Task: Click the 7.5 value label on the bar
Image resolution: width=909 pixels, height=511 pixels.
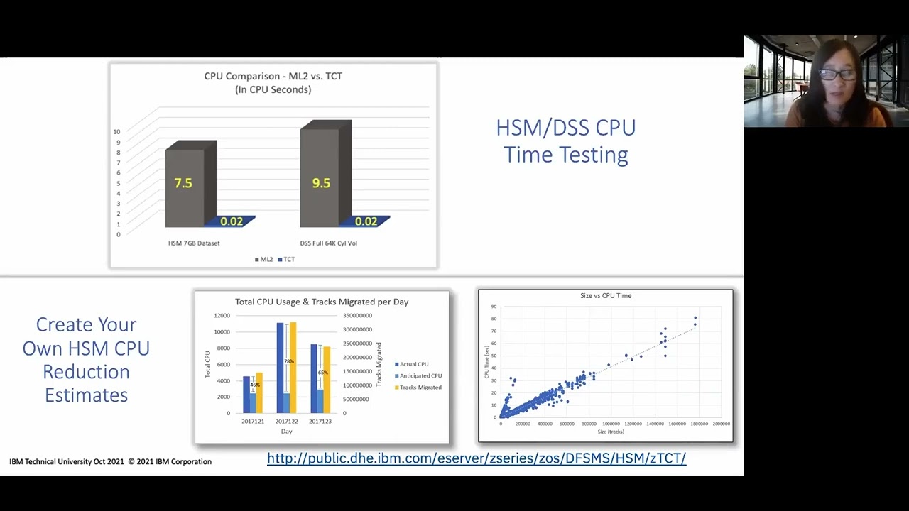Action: (183, 183)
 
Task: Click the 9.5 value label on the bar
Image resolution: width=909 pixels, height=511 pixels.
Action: (321, 183)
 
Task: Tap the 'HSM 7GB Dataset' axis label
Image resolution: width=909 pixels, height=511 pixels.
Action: (194, 243)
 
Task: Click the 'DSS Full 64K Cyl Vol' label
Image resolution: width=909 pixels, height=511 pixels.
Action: (328, 243)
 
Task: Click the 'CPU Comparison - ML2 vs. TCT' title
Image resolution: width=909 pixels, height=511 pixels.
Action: (273, 76)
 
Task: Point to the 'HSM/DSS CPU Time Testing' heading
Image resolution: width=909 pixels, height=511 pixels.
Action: (566, 141)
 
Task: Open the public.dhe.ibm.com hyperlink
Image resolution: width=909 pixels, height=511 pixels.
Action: (477, 458)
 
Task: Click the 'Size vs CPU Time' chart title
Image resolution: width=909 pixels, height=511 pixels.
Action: (606, 295)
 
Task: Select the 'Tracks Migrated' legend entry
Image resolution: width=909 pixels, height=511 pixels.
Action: (420, 388)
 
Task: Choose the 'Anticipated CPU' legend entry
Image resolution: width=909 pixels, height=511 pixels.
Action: (420, 376)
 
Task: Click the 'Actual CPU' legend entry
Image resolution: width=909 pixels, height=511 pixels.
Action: (413, 364)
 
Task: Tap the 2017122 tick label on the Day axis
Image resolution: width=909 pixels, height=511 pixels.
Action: (286, 422)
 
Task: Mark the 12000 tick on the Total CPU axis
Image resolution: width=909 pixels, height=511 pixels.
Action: (222, 316)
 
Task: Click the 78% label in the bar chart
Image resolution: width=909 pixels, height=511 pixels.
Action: (289, 361)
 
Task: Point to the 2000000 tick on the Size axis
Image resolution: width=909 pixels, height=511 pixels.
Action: (721, 424)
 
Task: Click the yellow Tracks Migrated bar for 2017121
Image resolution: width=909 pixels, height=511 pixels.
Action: (259, 392)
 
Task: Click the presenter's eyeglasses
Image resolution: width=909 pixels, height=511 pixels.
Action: (828, 73)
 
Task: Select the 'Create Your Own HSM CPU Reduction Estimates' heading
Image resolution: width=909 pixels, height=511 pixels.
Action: (86, 360)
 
